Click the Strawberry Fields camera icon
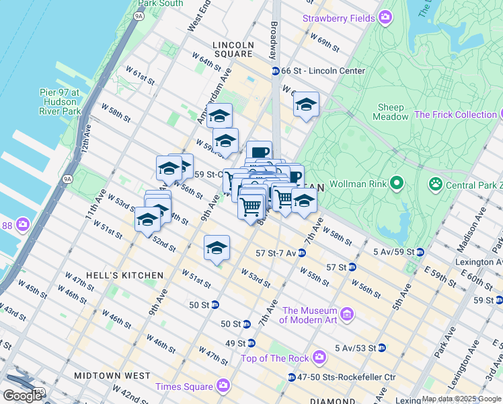click(385, 18)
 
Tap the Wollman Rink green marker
click(396, 182)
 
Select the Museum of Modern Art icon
click(347, 314)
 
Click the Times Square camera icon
click(223, 386)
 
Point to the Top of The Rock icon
click(319, 356)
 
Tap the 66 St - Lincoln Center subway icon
click(275, 71)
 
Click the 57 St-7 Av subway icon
click(302, 253)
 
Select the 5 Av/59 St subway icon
click(420, 252)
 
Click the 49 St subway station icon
click(251, 343)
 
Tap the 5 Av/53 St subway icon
click(381, 347)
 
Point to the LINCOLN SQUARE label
click(233, 46)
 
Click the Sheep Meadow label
click(391, 112)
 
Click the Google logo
click(22, 395)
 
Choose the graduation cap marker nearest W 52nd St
click(147, 220)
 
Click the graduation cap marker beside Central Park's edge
click(306, 104)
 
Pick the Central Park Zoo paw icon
click(436, 182)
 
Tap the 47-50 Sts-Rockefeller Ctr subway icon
click(291, 376)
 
